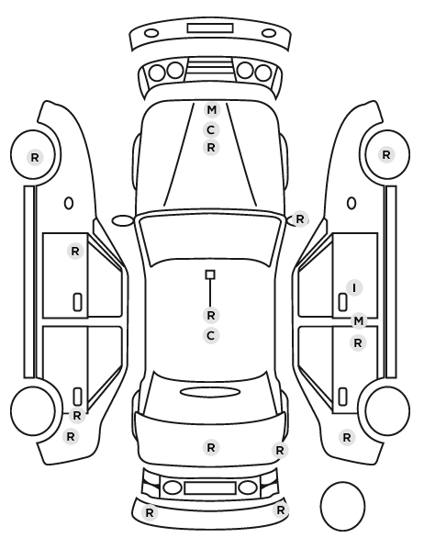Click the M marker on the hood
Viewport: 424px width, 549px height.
point(211,110)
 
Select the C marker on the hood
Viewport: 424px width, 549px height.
point(211,129)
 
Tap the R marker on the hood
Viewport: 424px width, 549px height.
point(211,148)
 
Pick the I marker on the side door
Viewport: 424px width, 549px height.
point(354,287)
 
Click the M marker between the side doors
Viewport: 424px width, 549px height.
point(359,320)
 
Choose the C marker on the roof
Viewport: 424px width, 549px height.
point(211,336)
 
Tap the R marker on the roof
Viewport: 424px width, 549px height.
point(211,315)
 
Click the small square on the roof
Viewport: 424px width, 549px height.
point(210,274)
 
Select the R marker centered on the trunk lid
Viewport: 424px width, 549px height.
point(211,447)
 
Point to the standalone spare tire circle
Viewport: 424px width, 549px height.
point(342,506)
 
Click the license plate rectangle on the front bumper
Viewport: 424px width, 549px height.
point(210,28)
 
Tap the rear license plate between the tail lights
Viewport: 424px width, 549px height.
point(210,487)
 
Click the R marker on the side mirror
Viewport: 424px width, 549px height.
point(300,219)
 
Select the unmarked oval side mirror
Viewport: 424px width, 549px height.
point(122,220)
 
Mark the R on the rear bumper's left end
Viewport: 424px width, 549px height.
point(150,512)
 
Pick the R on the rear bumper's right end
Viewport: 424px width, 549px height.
point(280,510)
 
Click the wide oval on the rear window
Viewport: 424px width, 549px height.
point(210,392)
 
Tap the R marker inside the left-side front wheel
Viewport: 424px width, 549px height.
point(35,157)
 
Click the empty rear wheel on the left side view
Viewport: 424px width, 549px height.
point(33,410)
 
